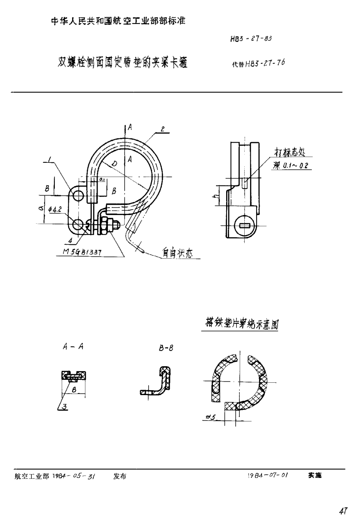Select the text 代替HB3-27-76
pos(259,64)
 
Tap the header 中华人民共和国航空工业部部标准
pos(118,22)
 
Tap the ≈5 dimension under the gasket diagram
pos(211,417)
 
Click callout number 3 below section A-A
pos(63,407)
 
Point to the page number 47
pos(343,511)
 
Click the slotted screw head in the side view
pos(245,225)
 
